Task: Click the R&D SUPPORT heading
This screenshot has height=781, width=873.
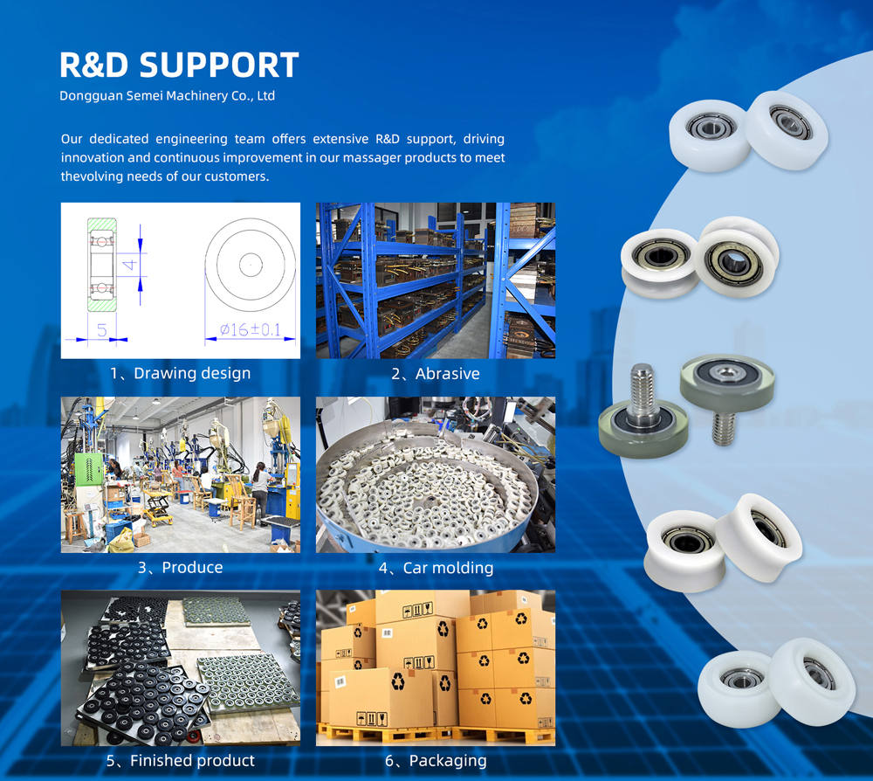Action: pos(179,65)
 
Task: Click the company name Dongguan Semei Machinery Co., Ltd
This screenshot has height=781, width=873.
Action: pos(167,95)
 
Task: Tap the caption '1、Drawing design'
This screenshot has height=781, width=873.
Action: pos(180,373)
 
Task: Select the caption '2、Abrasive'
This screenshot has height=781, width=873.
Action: pos(436,373)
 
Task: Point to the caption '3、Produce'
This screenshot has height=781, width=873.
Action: pos(180,567)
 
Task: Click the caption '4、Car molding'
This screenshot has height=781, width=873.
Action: pos(436,568)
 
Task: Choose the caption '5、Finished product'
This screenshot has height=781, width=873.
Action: pos(180,760)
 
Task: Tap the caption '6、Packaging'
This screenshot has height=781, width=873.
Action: pos(436,760)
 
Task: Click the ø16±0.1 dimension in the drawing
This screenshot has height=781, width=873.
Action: pos(250,329)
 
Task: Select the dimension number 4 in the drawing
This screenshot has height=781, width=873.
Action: pos(129,264)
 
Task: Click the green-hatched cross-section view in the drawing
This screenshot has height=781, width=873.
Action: pos(102,265)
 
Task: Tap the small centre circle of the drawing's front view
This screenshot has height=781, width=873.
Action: pos(251,265)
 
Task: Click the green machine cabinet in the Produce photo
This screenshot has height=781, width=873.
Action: pos(89,469)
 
